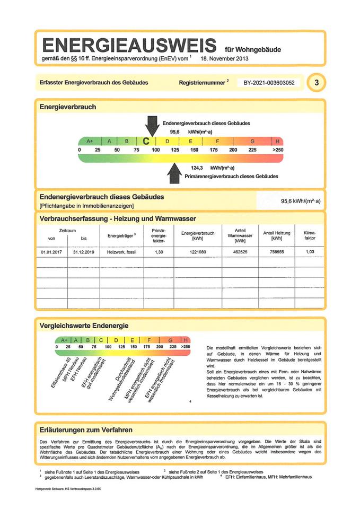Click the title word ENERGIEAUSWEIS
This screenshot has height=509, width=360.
[x=129, y=44]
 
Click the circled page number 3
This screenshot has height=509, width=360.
[x=317, y=83]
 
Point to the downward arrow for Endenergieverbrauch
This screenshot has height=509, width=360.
[x=152, y=125]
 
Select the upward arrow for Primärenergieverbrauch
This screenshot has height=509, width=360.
[x=174, y=171]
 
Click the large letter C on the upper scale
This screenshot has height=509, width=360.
[x=146, y=142]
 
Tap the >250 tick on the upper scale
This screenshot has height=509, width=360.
[x=278, y=151]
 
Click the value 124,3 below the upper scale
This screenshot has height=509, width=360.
[x=197, y=168]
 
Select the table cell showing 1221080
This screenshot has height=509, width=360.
[x=197, y=252]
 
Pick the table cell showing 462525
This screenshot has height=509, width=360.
[x=240, y=252]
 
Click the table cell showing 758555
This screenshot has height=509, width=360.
[x=276, y=252]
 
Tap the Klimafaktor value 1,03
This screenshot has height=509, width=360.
[x=310, y=252]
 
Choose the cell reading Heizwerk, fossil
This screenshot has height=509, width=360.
[x=121, y=252]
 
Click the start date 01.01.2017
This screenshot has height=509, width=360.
[x=51, y=252]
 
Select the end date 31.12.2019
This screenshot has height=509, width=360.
[x=84, y=252]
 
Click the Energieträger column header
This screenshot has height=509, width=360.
[x=121, y=235]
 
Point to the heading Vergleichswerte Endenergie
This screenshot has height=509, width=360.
[x=84, y=325]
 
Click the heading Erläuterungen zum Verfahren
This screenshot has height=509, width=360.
[x=86, y=429]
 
